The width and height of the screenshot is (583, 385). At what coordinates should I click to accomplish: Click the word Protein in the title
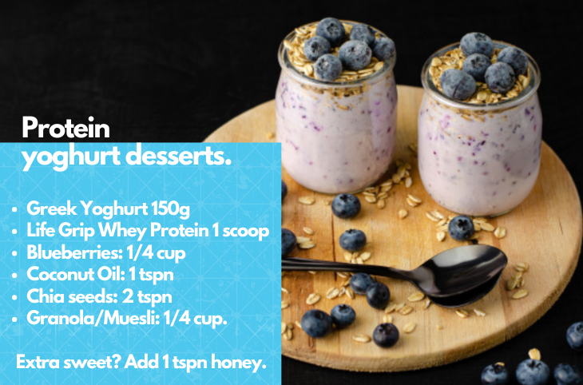tap(65, 128)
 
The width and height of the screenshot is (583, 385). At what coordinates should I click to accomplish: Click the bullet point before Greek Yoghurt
tap(14, 210)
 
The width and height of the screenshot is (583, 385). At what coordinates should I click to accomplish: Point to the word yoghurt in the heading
tap(71, 157)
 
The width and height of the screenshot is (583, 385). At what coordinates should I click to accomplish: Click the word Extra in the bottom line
tap(38, 362)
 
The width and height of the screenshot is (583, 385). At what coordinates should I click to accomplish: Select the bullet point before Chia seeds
tap(14, 298)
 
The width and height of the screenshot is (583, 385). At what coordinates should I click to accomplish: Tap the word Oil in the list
tap(110, 275)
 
